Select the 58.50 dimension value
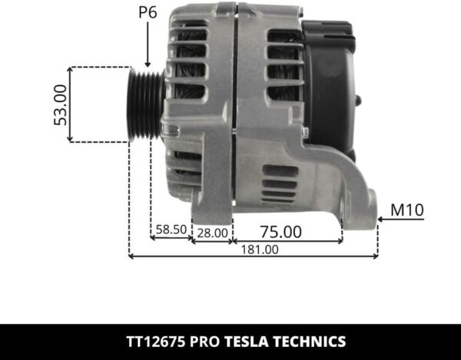[170, 229]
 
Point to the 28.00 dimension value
[211, 232]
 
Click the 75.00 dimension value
[280, 230]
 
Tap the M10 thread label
[407, 210]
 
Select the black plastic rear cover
[330, 92]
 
